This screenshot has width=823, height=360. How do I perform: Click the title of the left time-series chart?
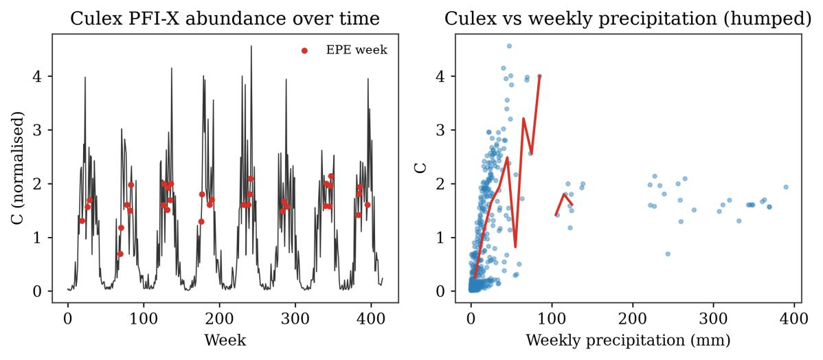pyautogui.click(x=225, y=19)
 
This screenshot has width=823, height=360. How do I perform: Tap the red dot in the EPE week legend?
pyautogui.click(x=304, y=51)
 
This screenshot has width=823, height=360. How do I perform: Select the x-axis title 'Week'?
pyautogui.click(x=225, y=341)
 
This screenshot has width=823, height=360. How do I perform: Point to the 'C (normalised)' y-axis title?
pyautogui.click(x=19, y=168)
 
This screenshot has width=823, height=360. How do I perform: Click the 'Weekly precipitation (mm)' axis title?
pyautogui.click(x=629, y=341)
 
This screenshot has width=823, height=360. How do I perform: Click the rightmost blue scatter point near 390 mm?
pyautogui.click(x=786, y=187)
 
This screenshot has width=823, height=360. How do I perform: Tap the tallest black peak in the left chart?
pyautogui.click(x=251, y=46)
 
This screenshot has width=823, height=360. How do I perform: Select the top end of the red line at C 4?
pyautogui.click(x=539, y=76)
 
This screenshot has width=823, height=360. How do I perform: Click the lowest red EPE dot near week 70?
pyautogui.click(x=120, y=254)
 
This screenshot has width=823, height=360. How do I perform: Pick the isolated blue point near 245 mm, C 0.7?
pyautogui.click(x=668, y=254)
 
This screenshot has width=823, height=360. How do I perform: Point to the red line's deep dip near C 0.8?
pyautogui.click(x=515, y=247)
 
